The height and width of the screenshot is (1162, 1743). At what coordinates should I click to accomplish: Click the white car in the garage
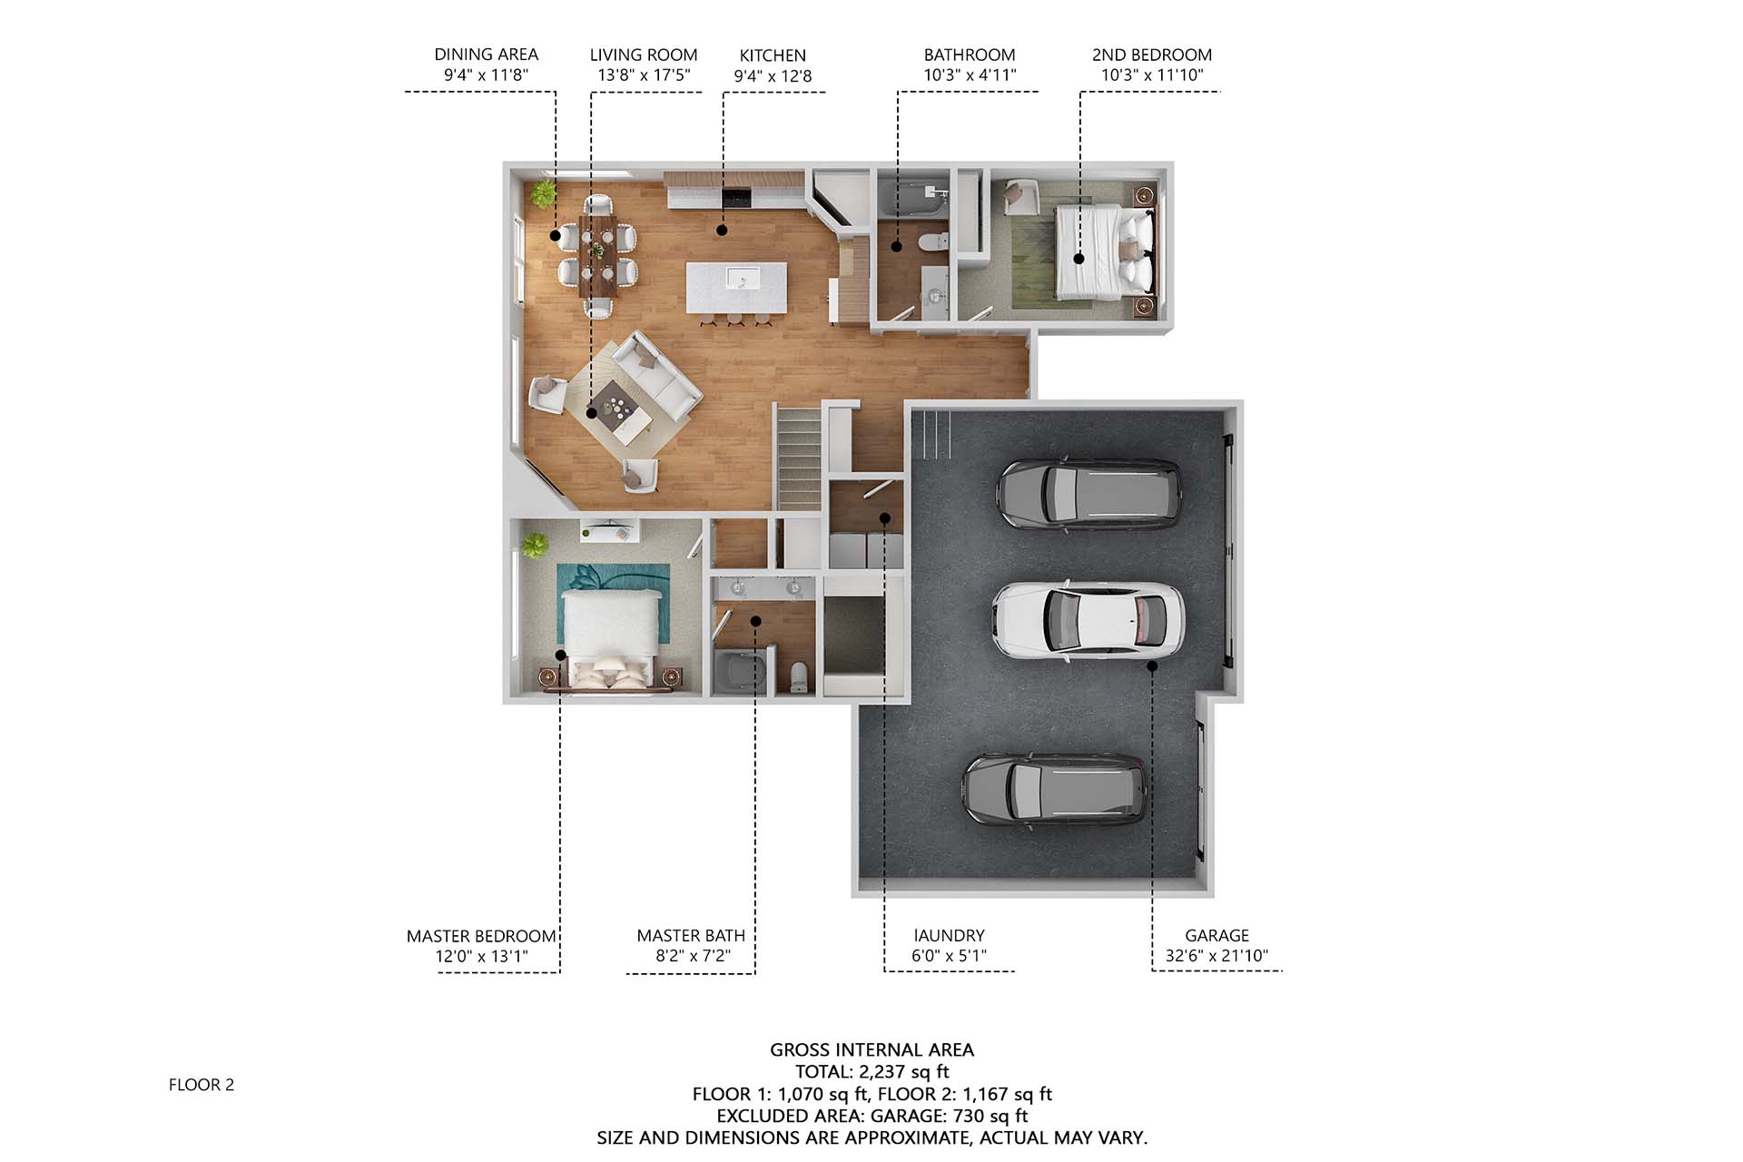tap(1088, 619)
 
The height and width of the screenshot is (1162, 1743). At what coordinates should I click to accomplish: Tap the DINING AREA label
tap(486, 54)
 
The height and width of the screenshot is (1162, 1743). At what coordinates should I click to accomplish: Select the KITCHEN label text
tap(773, 55)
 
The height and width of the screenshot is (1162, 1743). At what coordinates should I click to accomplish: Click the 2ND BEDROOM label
tap(1152, 54)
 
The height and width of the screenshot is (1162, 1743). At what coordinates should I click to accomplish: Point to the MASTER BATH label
tap(691, 935)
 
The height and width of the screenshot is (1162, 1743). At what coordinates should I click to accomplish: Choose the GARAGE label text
tap(1216, 935)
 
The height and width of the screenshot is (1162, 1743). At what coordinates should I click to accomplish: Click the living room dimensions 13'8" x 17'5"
tap(644, 75)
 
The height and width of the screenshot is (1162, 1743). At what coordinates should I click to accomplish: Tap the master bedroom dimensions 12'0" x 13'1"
tap(481, 956)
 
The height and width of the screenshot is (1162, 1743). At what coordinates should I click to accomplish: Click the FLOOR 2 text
tap(202, 1085)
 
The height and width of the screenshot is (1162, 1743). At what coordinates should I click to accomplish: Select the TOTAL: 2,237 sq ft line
tap(872, 1072)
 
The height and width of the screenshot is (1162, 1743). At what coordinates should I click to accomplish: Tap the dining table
tap(599, 255)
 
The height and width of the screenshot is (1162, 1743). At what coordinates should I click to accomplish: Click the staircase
tap(799, 458)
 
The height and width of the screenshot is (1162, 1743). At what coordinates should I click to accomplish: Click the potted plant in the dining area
tap(543, 192)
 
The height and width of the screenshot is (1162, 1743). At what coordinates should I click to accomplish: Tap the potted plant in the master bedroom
tap(535, 547)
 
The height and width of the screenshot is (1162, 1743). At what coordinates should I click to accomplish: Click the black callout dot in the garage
tap(1152, 665)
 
